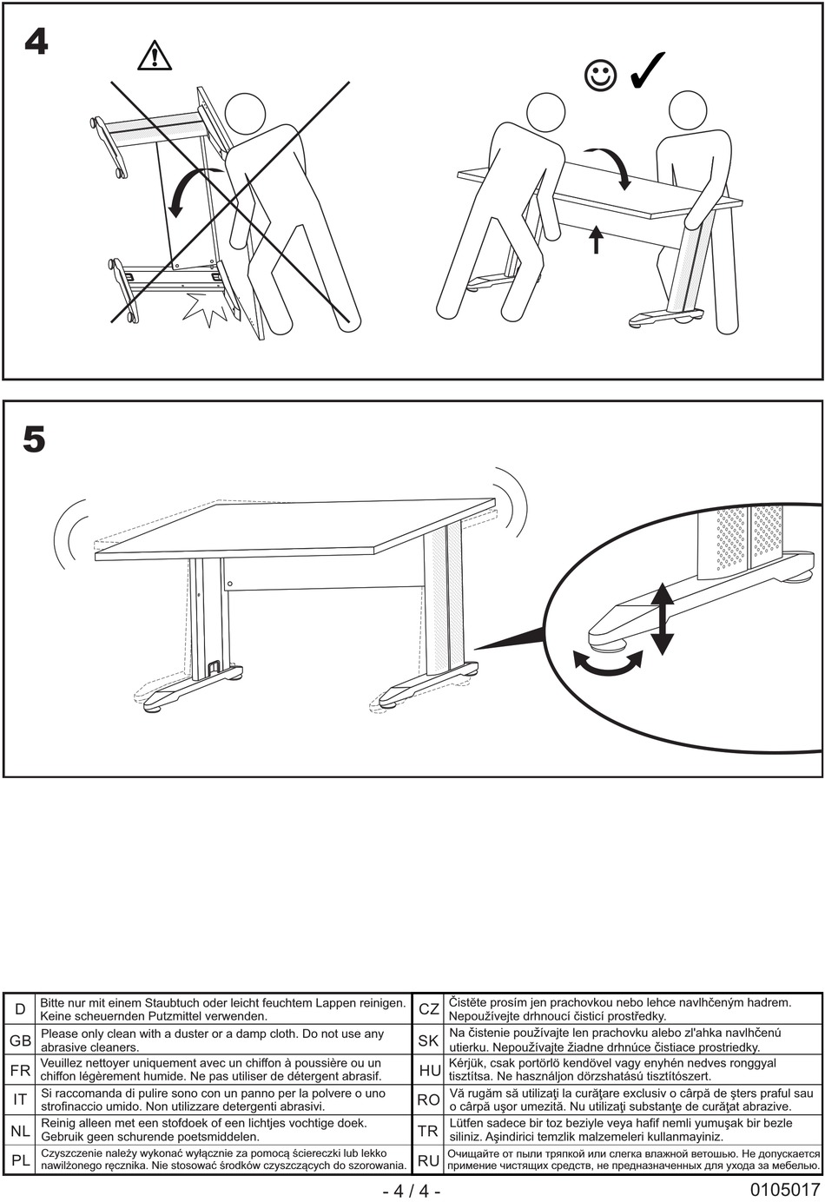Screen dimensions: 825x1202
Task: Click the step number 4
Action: coord(36,42)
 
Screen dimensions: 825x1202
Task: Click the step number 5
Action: coord(35,439)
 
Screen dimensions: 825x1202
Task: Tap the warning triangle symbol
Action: coord(155,56)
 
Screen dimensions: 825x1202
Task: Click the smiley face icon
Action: coord(601,76)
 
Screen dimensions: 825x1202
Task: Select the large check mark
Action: coord(648,69)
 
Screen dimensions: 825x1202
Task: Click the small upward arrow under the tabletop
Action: coord(596,240)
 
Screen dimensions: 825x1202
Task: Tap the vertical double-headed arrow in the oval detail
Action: coord(663,618)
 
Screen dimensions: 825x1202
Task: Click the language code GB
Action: coord(20,1040)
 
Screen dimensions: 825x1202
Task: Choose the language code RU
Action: coord(429,1161)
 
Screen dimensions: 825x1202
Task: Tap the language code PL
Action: coord(20,1160)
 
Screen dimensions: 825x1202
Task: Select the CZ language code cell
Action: coord(429,1009)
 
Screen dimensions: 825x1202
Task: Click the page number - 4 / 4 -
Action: coord(412,1192)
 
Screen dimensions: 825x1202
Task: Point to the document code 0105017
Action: coord(785,1190)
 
